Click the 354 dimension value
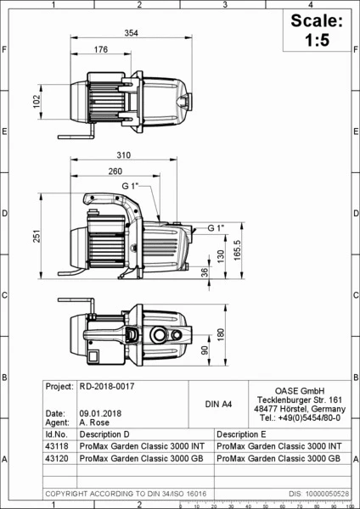pos(132,33)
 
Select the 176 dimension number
pos(101,49)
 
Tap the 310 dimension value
pos(124,155)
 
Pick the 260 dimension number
pos(115,171)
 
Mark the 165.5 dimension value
pos(237,250)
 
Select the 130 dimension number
pos(221,256)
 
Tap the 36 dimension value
pos(205,272)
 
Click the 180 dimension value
pos(221,335)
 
